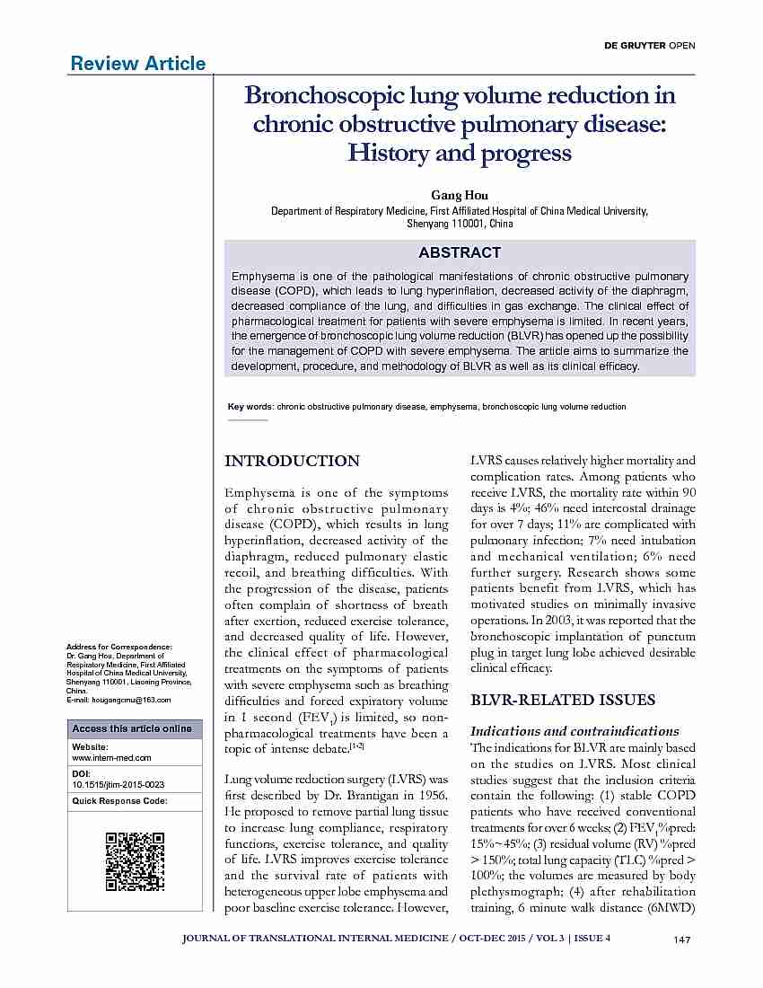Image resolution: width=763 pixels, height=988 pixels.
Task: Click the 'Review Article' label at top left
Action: coord(137,63)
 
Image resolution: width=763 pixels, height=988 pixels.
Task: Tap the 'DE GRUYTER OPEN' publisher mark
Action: coord(659,45)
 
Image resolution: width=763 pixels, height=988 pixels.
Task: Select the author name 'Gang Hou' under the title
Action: coord(459,195)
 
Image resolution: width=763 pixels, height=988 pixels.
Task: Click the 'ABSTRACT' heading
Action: coord(459,252)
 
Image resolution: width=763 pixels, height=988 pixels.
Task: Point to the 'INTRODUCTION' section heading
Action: coord(292,461)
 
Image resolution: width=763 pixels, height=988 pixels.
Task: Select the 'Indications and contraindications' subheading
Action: coord(574,730)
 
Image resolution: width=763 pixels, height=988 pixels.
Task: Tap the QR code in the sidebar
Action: coord(135,862)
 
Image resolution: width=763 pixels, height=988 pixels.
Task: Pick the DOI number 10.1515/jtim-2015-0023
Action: coord(118,784)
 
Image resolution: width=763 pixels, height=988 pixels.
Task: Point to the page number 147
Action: coord(680,939)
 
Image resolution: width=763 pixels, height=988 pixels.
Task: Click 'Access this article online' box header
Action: coord(132,728)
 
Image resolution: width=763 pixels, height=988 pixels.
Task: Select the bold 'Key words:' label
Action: coord(250,407)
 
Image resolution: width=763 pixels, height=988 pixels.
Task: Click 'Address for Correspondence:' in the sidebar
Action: coord(119,647)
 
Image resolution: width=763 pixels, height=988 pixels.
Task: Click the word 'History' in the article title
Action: coord(390,154)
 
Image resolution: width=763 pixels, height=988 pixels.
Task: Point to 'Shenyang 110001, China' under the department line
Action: coord(460,223)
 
